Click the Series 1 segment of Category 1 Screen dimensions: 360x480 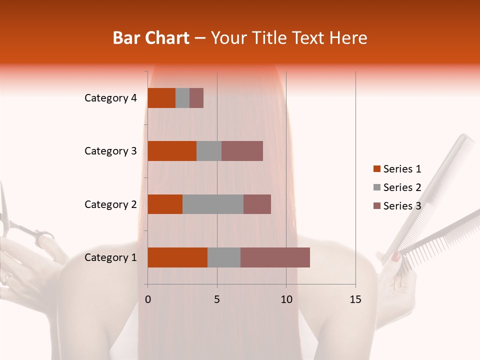point(177,257)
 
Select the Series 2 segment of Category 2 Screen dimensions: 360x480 point(213,204)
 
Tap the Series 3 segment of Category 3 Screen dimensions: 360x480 point(242,151)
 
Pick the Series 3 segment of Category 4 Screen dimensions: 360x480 point(196,98)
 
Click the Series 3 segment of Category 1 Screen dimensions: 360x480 point(275,257)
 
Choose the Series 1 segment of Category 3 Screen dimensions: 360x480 point(172,151)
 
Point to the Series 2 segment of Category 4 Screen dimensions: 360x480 point(182,98)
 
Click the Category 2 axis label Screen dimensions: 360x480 point(110,204)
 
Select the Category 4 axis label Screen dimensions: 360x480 point(110,98)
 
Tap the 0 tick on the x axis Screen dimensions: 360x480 point(148,299)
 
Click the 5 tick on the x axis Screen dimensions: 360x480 point(217,299)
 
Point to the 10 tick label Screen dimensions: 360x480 point(286,299)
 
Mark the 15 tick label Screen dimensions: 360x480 point(355,299)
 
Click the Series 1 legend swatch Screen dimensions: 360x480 point(376,169)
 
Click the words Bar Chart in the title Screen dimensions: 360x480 point(151,38)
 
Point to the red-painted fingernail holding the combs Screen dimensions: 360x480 point(395,257)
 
